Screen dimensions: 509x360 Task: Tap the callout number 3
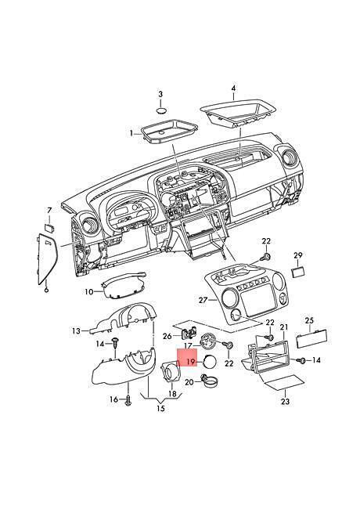[x=160, y=95]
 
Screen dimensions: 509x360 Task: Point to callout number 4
[x=232, y=89]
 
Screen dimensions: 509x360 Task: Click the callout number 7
[x=49, y=211]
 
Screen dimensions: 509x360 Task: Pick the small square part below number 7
[x=49, y=225]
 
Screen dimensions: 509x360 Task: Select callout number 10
[x=88, y=292]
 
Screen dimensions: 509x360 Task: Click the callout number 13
[x=75, y=331]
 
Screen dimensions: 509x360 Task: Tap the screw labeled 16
[x=127, y=399]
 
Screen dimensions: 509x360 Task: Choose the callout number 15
[x=161, y=408]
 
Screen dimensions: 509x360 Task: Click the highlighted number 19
[x=189, y=363]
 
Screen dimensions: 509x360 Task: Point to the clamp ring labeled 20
[x=207, y=382]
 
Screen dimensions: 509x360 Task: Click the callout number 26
[x=167, y=336]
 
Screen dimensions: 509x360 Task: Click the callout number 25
[x=308, y=320]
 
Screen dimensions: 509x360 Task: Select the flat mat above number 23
[x=285, y=384]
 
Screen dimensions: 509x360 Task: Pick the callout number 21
[x=283, y=327]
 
